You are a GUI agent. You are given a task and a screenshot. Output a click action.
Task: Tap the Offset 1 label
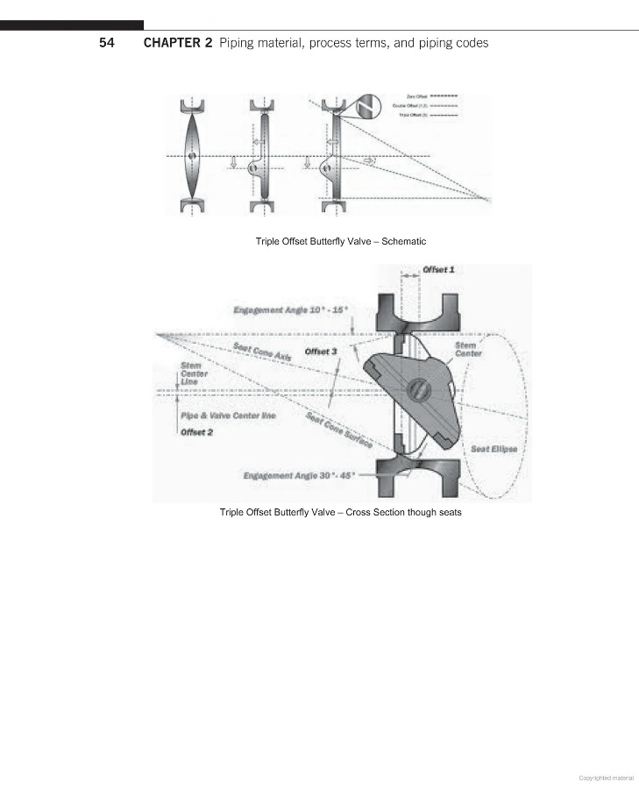[x=438, y=269]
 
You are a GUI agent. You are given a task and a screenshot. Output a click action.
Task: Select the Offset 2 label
[x=197, y=432]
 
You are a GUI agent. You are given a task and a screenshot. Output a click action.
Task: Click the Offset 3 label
[x=321, y=352]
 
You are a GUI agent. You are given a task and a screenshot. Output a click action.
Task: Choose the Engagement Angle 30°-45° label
[x=299, y=475]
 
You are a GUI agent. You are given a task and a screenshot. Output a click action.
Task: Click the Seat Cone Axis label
[x=262, y=352]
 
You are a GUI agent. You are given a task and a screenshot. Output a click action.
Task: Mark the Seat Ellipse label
[x=493, y=449]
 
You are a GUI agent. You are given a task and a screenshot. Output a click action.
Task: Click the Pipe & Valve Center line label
[x=228, y=415]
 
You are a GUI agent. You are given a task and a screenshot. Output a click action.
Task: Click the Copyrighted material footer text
[x=606, y=777]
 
